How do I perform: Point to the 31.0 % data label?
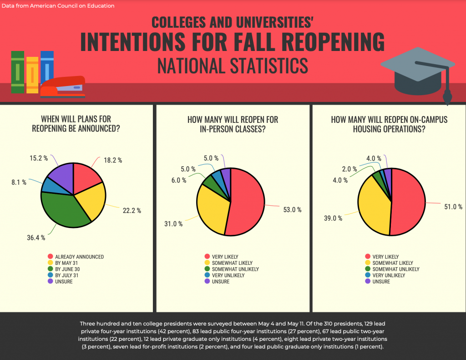(173, 223)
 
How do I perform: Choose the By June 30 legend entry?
(71, 269)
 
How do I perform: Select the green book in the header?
(18, 73)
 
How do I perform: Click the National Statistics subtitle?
(233, 66)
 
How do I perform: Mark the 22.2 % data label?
(132, 210)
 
